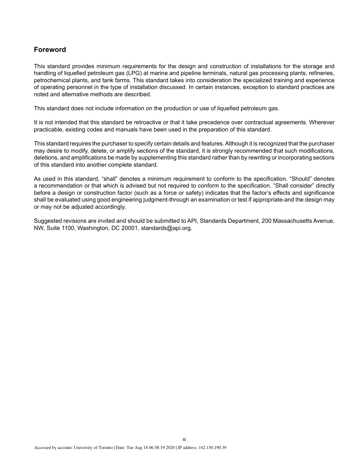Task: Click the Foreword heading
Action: [x=50, y=50]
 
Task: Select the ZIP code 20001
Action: [x=130, y=228]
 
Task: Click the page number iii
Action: [x=184, y=439]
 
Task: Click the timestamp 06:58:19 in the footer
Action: [x=154, y=448]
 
